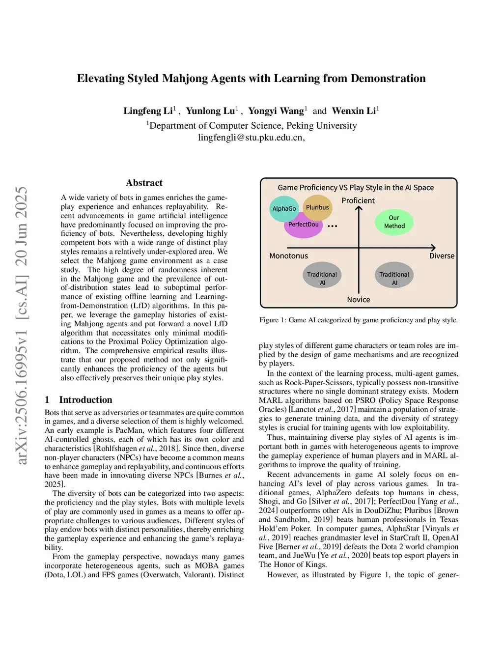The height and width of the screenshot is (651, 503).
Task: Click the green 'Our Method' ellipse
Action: (x=394, y=222)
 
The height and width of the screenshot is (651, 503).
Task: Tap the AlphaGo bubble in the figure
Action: (x=284, y=208)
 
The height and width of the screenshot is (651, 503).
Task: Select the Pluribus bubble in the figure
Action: (x=317, y=207)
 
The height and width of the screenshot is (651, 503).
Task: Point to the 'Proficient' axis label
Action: (x=358, y=200)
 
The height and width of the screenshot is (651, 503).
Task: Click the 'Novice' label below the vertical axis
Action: (x=359, y=300)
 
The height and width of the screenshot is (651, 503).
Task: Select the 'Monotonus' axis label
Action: (x=289, y=256)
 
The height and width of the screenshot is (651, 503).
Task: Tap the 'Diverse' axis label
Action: (x=442, y=256)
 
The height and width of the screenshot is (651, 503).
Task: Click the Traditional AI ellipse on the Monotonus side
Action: (x=322, y=278)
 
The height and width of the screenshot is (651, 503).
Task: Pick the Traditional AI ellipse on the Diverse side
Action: (x=394, y=278)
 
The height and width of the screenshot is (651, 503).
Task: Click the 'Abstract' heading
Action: (x=144, y=183)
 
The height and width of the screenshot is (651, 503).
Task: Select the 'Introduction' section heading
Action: (x=85, y=399)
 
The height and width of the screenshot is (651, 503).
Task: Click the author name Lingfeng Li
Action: (x=148, y=111)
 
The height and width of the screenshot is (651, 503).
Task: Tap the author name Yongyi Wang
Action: (x=276, y=111)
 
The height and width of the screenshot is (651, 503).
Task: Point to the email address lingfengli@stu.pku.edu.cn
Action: (x=251, y=138)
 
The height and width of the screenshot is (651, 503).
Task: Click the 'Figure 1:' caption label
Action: (x=273, y=320)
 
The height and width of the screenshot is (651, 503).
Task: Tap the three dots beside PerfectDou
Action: (x=333, y=226)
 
